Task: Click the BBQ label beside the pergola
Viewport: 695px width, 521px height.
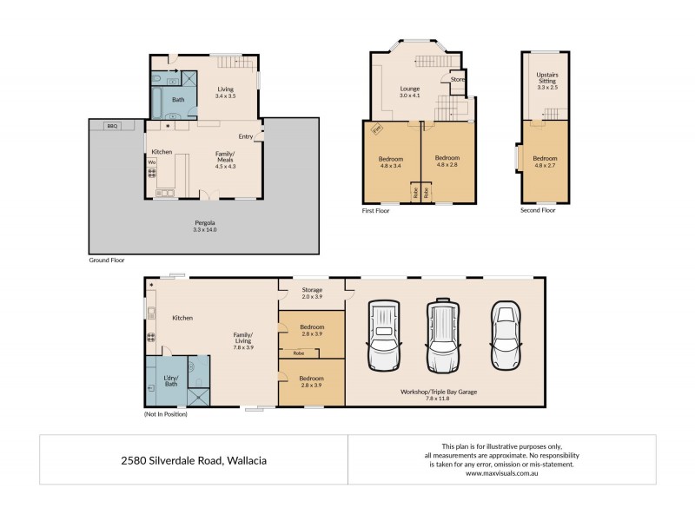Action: tap(111, 126)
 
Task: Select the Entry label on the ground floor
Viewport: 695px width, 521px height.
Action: tap(246, 136)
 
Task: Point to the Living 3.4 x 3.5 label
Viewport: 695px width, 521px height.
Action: tap(226, 92)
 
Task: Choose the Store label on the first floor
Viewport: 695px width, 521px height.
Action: tap(457, 79)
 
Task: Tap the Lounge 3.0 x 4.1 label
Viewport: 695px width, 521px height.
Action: tap(409, 91)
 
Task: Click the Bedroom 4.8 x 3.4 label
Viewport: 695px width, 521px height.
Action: tap(391, 162)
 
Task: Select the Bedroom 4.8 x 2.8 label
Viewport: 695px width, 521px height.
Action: tap(447, 162)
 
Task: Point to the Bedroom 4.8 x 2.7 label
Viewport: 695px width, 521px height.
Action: tap(545, 162)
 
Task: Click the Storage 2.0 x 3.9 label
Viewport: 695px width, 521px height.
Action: tap(312, 293)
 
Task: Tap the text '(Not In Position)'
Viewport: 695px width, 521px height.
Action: tap(166, 414)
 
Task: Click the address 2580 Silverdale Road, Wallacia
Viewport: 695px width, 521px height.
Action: tap(194, 460)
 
